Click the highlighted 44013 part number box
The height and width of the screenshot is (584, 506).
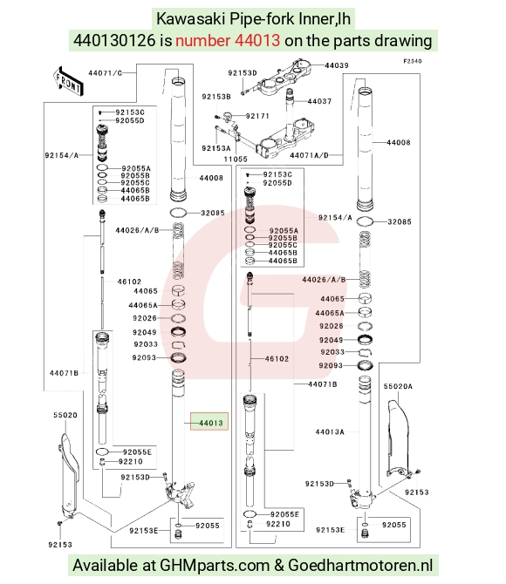[x=209, y=421]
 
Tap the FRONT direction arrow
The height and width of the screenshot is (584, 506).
[x=68, y=82]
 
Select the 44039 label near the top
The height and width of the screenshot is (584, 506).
[x=337, y=65]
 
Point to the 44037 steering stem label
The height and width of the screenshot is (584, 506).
[x=319, y=101]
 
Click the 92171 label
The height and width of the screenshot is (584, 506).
[x=257, y=116]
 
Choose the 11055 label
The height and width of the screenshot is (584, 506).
[x=236, y=159]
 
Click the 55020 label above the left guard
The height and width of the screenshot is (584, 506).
[x=65, y=415]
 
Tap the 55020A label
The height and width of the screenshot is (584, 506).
[x=398, y=386]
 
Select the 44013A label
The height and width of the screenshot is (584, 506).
[x=330, y=431]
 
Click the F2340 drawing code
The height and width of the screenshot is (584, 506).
[x=413, y=61]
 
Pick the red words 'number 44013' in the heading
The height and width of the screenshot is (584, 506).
[x=228, y=40]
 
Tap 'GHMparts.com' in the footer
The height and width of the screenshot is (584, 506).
[x=215, y=565]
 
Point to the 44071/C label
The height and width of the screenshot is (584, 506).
[x=106, y=73]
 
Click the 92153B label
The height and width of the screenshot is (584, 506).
[x=216, y=97]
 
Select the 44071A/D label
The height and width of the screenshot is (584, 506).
[x=310, y=155]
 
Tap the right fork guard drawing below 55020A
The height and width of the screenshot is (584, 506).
[x=398, y=438]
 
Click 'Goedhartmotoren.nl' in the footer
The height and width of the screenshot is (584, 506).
[x=360, y=565]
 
